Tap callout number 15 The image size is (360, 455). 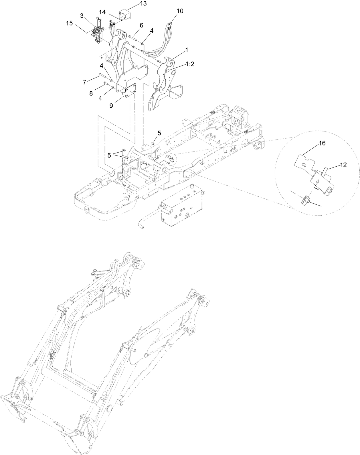pos(70,23)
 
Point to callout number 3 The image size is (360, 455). pos(82,16)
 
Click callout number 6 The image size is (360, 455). pos(141,25)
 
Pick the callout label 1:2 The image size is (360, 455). pos(189,64)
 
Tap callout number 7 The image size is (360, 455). pos(84,82)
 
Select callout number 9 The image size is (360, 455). pos(111,105)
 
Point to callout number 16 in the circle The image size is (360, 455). pos(322,143)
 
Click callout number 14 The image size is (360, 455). pos(102,12)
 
